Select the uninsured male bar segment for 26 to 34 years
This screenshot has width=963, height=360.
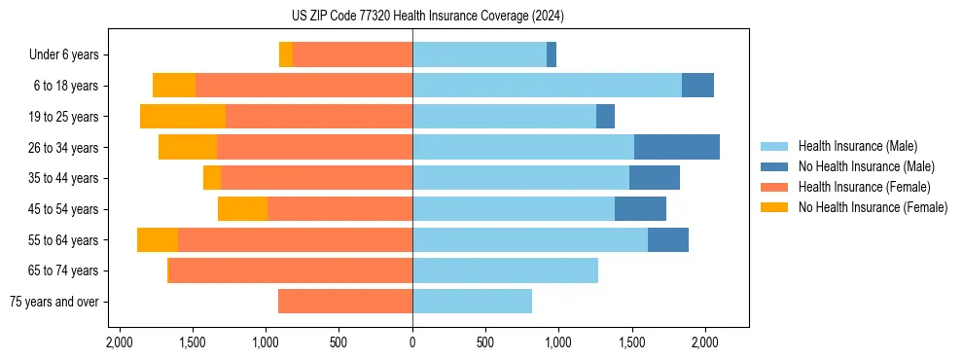click(x=676, y=147)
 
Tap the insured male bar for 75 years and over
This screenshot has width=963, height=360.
click(x=472, y=302)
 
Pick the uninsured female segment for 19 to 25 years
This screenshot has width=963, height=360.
click(x=183, y=116)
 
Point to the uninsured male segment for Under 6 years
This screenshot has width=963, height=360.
click(x=552, y=54)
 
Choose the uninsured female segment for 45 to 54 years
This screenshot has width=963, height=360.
click(x=242, y=208)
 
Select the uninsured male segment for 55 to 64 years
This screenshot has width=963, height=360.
click(x=667, y=239)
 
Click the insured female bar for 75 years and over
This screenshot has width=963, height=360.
click(x=345, y=302)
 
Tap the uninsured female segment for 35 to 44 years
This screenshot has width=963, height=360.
click(x=212, y=178)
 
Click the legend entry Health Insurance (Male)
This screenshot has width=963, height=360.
click(x=857, y=146)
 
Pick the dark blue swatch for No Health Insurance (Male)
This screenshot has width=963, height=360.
click(x=774, y=166)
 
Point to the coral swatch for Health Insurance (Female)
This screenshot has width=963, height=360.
click(x=774, y=187)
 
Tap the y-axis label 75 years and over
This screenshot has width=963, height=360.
click(x=53, y=302)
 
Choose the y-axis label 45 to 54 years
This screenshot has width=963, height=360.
click(x=64, y=209)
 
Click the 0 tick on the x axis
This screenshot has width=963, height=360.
click(x=412, y=342)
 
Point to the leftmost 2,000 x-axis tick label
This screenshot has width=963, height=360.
click(x=120, y=342)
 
